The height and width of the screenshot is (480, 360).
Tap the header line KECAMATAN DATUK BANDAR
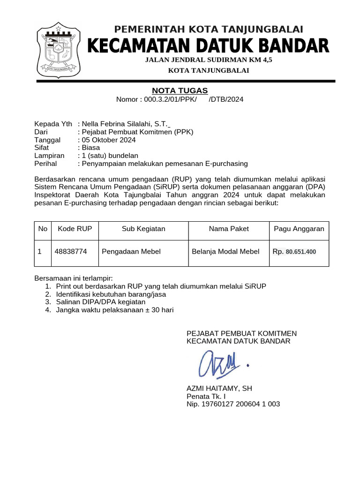(x=209, y=46)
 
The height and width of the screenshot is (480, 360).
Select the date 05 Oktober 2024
(x=109, y=140)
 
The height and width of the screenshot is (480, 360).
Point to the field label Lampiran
(x=49, y=156)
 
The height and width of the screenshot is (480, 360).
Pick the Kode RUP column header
(x=75, y=229)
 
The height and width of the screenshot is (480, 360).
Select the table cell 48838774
(x=71, y=252)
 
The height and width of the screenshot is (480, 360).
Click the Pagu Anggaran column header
(x=299, y=229)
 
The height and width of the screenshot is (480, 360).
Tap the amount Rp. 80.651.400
(x=294, y=252)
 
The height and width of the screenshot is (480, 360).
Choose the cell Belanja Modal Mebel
(x=225, y=252)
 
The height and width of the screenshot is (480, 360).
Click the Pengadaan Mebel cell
(x=131, y=252)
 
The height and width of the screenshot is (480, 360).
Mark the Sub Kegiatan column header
(x=143, y=229)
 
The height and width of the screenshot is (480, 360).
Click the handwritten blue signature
(x=220, y=364)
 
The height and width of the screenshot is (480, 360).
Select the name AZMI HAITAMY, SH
(x=219, y=389)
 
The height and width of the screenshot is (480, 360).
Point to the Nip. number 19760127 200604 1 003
(x=233, y=404)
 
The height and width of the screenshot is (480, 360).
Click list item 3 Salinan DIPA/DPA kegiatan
(x=101, y=302)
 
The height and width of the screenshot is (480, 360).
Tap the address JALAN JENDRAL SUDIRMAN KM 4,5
(x=209, y=60)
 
